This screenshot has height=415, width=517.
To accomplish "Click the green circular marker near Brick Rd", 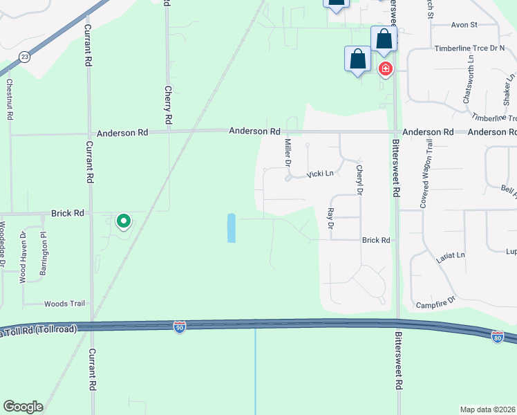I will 124,221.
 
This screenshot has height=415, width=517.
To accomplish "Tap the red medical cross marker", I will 385,69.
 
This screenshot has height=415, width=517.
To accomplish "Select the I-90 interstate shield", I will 180,326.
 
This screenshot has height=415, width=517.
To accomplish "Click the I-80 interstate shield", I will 497,337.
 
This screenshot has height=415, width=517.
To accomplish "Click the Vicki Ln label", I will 321,174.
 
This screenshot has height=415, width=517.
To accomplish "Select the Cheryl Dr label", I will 359,180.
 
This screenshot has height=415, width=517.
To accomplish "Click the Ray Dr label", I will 330,219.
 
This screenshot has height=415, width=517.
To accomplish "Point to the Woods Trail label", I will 64,304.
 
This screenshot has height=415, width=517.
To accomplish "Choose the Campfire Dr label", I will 436,302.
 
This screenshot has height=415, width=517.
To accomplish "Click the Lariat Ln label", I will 451,256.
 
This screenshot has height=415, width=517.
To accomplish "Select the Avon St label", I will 464,25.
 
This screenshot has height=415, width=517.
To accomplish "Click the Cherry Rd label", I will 168,101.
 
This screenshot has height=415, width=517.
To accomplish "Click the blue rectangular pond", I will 231,228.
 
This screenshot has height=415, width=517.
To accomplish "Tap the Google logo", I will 23,407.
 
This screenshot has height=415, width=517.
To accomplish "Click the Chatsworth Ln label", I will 468,84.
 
